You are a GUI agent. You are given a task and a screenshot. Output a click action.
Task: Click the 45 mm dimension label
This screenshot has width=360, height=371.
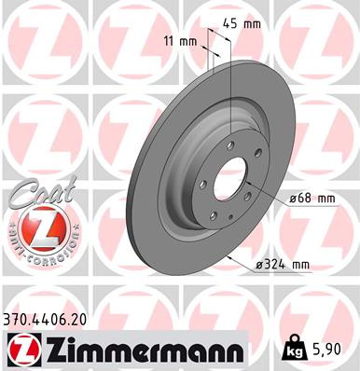[240, 25]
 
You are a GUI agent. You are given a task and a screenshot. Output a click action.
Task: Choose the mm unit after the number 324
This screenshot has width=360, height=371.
[298, 265]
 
